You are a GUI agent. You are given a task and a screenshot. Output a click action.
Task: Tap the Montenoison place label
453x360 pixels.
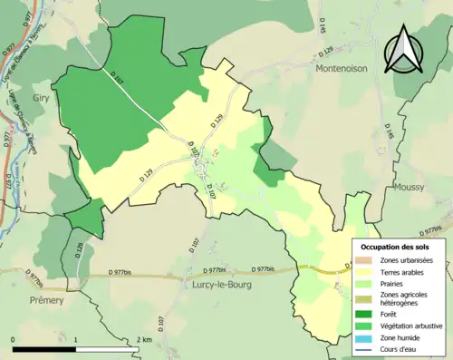pyautogui.click(x=343, y=68)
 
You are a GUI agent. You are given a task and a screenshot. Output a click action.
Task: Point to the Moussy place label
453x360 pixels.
pyautogui.click(x=410, y=187)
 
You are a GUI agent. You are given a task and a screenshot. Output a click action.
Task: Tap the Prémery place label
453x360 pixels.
pyautogui.click(x=46, y=300)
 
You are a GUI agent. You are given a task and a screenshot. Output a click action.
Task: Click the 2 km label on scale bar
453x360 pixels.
pyautogui.click(x=145, y=339)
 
